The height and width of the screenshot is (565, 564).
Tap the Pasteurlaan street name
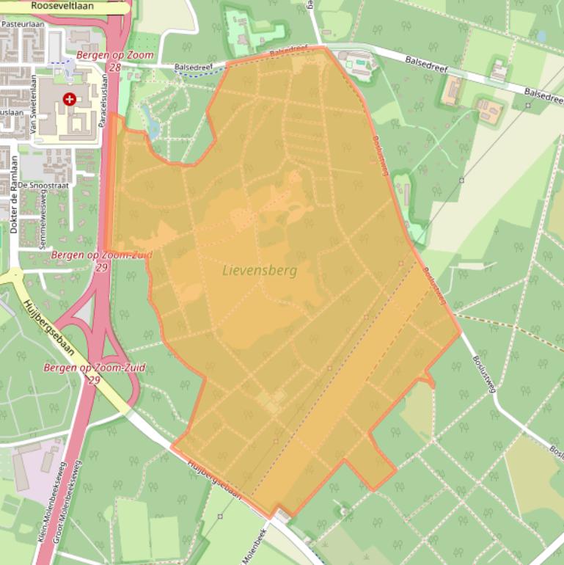coord(23,23)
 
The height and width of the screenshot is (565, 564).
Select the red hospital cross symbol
coord(69,98)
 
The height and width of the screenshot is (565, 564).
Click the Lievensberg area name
coord(260,271)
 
